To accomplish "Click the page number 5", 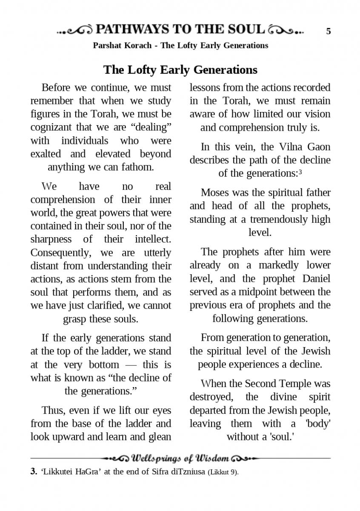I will point(329,31).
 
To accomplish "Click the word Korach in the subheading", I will point(139,46).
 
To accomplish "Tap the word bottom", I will point(104,365).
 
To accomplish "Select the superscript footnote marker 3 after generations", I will point(300,172).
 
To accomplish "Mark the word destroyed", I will point(211,397).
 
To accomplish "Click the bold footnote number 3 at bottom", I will point(33,472).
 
